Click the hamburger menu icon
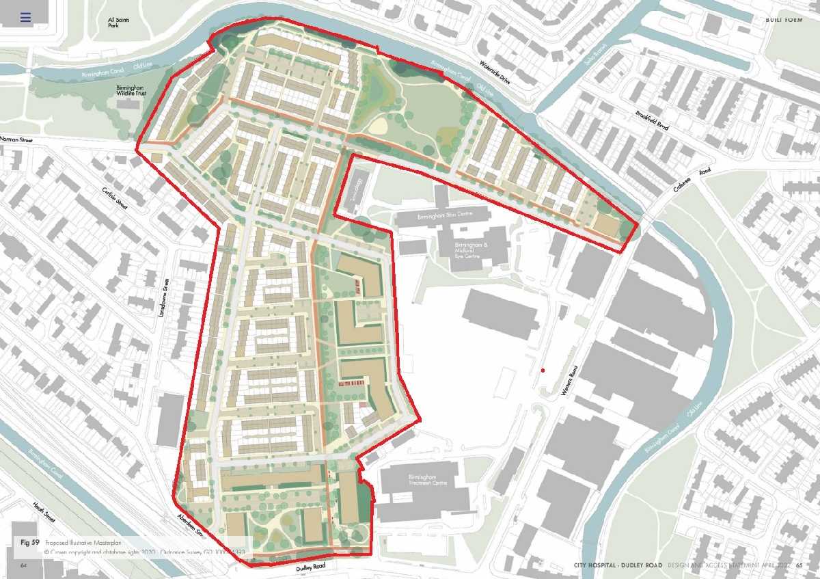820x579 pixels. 25,18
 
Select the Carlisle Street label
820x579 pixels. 115,199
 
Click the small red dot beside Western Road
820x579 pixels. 543,370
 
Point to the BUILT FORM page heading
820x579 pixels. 783,10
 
